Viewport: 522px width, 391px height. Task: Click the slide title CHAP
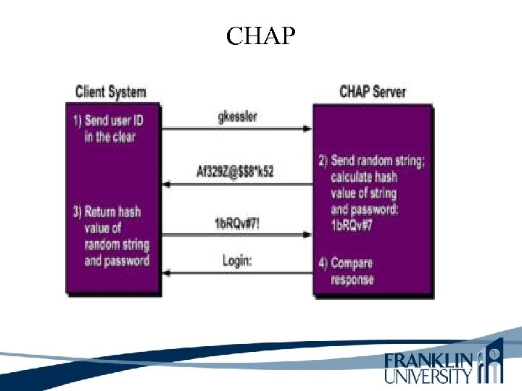point(260,35)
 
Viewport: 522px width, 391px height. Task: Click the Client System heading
point(111,92)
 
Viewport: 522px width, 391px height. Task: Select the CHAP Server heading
point(373,92)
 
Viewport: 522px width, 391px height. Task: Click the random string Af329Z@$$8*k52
point(236,172)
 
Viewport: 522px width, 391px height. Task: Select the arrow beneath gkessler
point(236,130)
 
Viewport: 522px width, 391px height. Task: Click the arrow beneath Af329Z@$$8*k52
point(236,185)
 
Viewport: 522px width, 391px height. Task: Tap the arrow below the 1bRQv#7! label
point(236,235)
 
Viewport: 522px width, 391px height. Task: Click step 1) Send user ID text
point(113,127)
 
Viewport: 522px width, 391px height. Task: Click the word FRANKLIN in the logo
point(428,360)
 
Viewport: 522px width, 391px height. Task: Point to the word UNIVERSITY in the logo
point(428,376)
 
